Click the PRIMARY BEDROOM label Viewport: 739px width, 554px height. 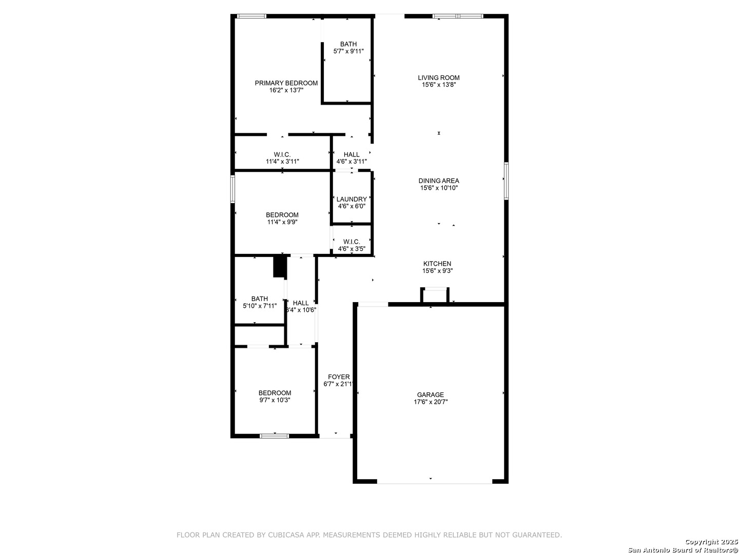pos(286,83)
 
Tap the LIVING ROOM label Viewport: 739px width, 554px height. pos(438,77)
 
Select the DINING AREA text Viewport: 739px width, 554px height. pos(438,181)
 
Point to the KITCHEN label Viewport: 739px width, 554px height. pos(437,264)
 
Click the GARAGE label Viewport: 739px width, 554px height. pos(430,394)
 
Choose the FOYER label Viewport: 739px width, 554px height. pos(339,377)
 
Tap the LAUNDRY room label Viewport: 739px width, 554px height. pos(352,199)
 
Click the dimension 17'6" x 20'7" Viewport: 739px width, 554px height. pos(431,402)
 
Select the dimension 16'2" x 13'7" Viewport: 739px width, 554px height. pos(286,90)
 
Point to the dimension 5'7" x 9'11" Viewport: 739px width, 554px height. pos(348,51)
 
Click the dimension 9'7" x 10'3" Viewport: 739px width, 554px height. pos(275,400)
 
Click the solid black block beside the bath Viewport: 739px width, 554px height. pos(280,267)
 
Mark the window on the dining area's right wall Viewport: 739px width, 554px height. pos(505,181)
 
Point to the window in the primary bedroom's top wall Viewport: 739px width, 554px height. pos(251,16)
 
